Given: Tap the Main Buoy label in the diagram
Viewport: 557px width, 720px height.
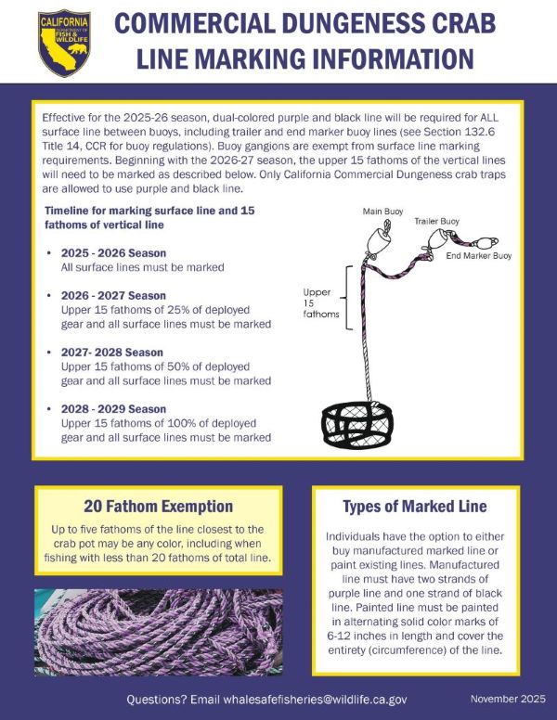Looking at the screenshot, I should coord(382,212).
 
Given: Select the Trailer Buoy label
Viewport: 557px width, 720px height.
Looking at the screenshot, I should coord(436,221).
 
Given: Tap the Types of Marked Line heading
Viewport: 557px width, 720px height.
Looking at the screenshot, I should coord(415,507).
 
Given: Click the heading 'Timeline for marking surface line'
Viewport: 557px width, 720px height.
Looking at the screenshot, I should coord(149,212).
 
